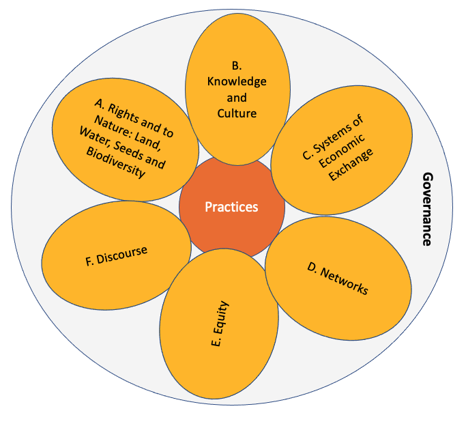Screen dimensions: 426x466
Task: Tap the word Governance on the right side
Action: coord(427,208)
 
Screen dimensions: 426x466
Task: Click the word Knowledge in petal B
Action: coord(237,81)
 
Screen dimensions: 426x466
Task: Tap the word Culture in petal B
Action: coord(237,113)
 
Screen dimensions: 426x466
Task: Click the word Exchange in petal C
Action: coord(347,166)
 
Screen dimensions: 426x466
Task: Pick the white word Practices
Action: coord(231,207)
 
